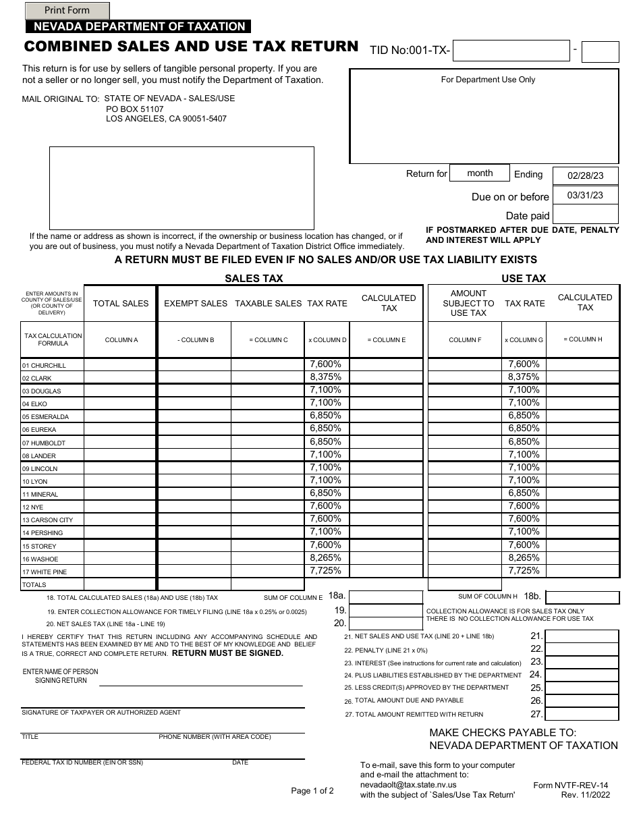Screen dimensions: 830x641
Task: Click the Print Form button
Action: [x=67, y=11]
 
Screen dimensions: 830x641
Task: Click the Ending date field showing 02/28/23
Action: [x=585, y=175]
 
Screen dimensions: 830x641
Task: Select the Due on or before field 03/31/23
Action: [x=585, y=195]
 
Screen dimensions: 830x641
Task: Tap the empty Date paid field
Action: [x=585, y=215]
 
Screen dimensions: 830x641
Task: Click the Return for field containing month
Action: [x=480, y=173]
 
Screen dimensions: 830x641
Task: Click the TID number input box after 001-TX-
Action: [x=511, y=51]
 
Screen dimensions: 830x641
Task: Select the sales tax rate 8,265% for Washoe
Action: [x=326, y=558]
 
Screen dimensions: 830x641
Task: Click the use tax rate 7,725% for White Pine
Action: [x=524, y=571]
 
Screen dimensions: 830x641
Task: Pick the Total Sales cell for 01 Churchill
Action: [x=120, y=365]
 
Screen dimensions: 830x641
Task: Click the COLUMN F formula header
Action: [x=465, y=340]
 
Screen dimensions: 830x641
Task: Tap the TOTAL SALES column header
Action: [x=120, y=304]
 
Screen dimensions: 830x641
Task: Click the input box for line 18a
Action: [x=385, y=597]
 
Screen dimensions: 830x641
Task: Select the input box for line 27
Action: [x=582, y=714]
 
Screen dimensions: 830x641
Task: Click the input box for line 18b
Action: [x=582, y=597]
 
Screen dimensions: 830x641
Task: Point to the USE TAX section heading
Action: [x=524, y=278]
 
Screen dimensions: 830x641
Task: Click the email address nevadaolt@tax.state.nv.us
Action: [x=408, y=785]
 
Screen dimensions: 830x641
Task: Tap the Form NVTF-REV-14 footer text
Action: [x=570, y=785]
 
